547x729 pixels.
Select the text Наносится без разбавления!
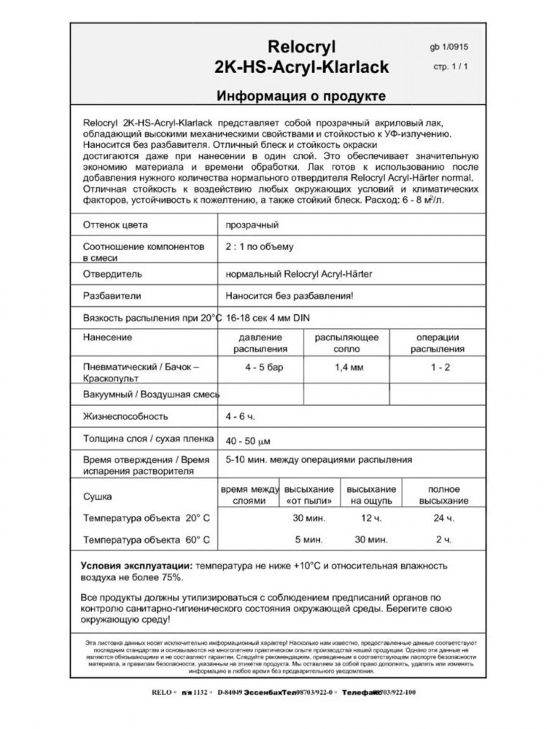point(290,296)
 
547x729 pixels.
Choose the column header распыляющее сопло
point(346,343)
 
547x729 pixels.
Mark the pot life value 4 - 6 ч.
point(241,416)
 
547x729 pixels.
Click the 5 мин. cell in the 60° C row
point(309,540)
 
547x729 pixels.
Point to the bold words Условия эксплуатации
point(136,566)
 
